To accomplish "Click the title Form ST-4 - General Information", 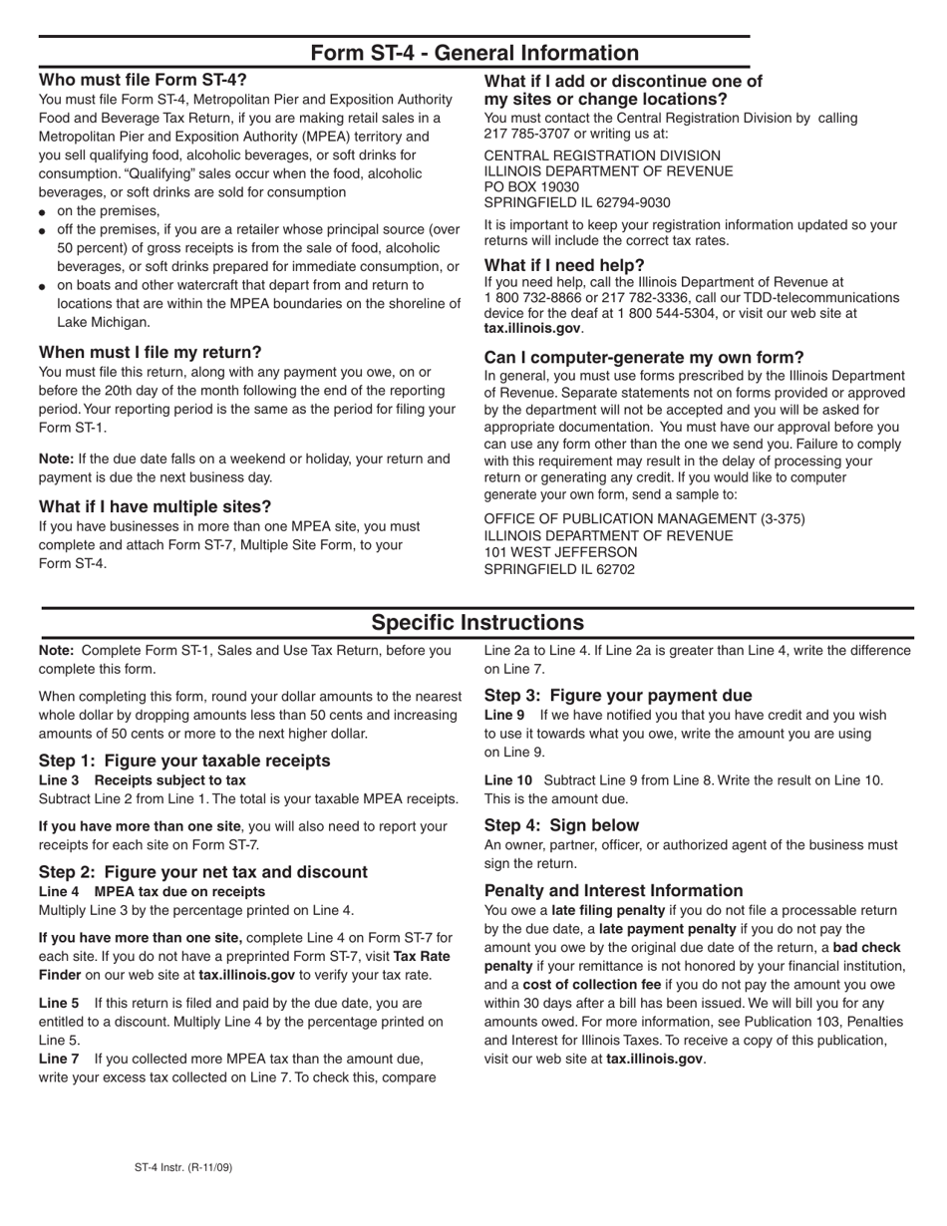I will [474, 53].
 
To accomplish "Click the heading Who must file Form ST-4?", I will [143, 80].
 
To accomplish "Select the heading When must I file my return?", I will [150, 352].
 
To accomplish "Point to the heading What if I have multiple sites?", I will [155, 506].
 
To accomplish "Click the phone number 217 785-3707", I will [523, 134].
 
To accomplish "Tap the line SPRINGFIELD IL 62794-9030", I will [577, 202].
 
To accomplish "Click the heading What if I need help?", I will [564, 265].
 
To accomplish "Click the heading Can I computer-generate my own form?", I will [644, 357].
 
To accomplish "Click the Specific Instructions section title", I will [477, 623].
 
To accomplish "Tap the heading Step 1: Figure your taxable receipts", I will [184, 761].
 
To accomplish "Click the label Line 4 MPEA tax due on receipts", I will [152, 891].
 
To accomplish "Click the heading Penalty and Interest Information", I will [613, 890].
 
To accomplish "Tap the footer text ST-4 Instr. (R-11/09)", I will [184, 1166].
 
